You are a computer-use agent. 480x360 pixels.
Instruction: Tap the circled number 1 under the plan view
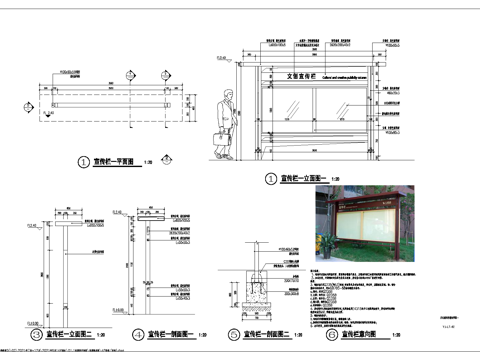[x=83, y=161]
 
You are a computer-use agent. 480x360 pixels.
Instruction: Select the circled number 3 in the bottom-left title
[x=37, y=334]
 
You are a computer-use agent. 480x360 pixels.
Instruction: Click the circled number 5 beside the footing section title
[x=233, y=334]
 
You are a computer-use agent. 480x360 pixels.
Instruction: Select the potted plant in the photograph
[x=323, y=246]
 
